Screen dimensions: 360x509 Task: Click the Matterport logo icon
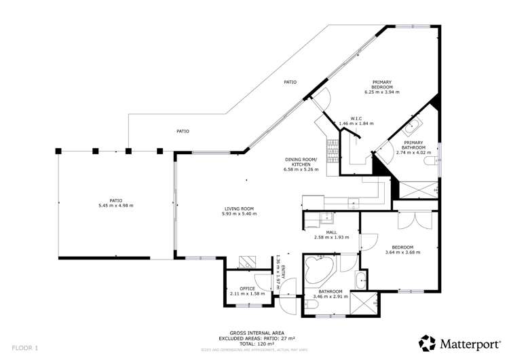click(428, 343)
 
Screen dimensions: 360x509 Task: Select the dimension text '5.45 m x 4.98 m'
click(117, 205)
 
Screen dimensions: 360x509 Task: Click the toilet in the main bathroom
click(362, 279)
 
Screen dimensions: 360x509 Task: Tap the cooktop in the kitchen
click(332, 147)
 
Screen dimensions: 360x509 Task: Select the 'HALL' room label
click(331, 232)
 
